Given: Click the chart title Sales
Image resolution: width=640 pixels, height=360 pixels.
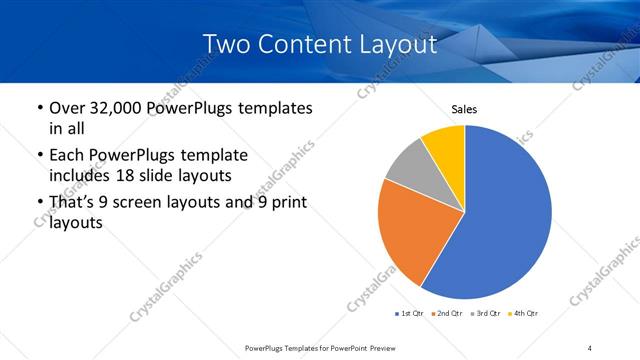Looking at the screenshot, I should coord(464,108).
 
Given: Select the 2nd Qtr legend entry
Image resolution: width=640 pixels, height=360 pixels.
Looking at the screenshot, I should coord(447,314).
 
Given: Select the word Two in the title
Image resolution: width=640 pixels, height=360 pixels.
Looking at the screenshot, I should coord(225,45).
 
